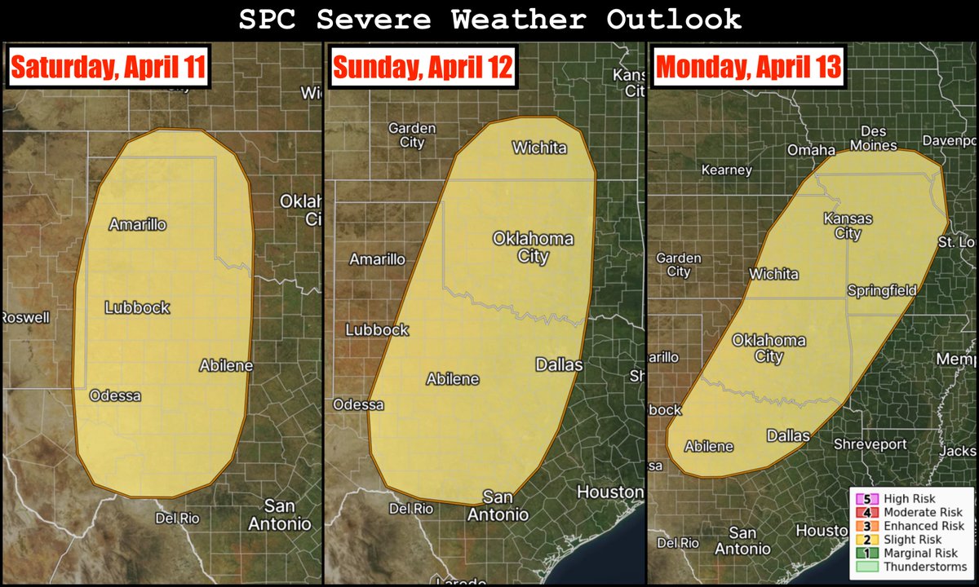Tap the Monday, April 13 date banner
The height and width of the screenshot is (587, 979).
coord(748,68)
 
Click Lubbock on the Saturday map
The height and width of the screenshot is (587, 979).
coord(137,307)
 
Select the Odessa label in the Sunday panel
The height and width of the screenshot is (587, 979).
coord(358,404)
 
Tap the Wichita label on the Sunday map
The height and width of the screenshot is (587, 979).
coord(538,148)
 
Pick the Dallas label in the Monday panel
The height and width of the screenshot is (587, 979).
coord(788,435)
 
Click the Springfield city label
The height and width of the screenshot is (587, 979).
coord(881,290)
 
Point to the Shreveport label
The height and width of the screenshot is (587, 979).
coord(870,444)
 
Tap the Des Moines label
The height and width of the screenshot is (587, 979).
coord(879,139)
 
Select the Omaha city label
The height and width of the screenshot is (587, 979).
coord(811,150)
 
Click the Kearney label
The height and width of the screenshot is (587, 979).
coord(726,170)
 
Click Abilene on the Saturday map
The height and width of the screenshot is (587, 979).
coord(226,366)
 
